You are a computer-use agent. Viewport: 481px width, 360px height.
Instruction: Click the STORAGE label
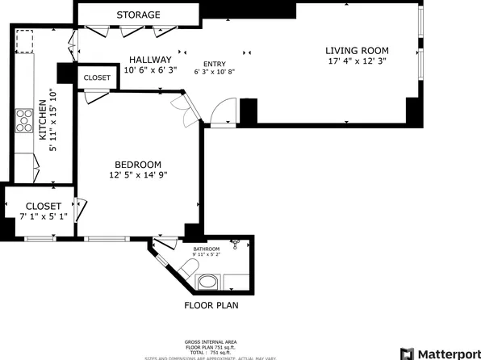138,15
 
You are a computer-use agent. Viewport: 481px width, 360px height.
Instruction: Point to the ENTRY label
215,64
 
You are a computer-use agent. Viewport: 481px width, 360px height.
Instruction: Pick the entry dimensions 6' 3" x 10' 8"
215,72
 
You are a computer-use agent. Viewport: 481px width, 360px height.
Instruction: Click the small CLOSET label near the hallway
97,77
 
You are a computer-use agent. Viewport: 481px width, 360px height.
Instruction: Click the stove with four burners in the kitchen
23,121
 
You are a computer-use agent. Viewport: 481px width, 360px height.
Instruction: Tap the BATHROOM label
207,249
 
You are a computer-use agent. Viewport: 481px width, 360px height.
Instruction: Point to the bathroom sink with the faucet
236,244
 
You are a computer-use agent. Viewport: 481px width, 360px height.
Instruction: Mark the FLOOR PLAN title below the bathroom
211,306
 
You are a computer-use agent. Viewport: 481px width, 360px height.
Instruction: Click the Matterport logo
440,354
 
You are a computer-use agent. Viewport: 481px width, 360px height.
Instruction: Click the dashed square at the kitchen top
25,40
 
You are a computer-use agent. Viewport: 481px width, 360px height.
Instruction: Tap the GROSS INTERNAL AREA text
211,341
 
